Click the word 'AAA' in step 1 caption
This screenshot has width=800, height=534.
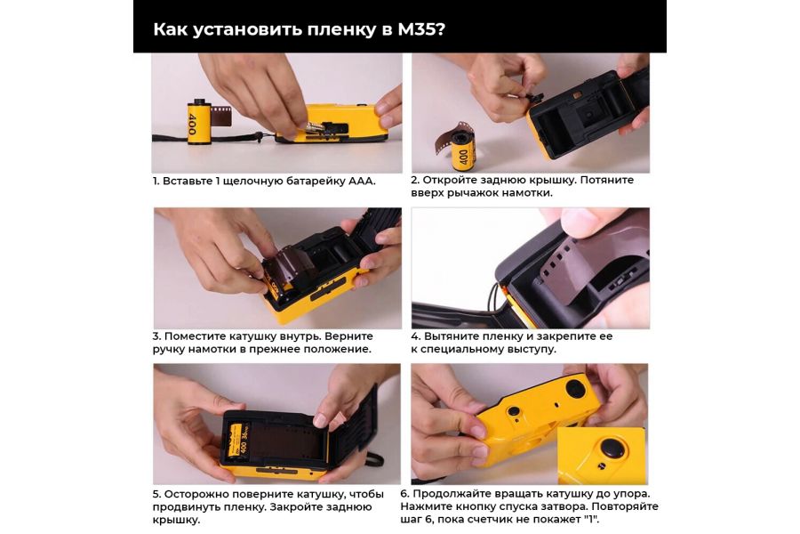click(x=357, y=181)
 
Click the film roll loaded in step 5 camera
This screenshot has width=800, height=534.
click(x=233, y=439)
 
